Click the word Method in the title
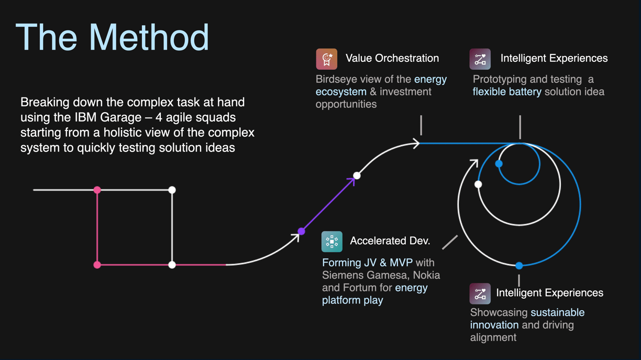149,38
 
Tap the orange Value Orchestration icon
326,59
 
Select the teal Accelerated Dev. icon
331,242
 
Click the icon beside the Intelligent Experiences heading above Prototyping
480,59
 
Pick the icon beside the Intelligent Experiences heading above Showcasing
480,293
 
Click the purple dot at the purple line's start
301,231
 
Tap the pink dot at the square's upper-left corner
97,190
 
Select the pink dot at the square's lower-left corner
97,265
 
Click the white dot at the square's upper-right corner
172,190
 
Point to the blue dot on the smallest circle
499,163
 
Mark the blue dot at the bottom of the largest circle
519,266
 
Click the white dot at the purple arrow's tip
357,175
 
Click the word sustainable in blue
557,312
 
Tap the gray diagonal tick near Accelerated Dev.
450,242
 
